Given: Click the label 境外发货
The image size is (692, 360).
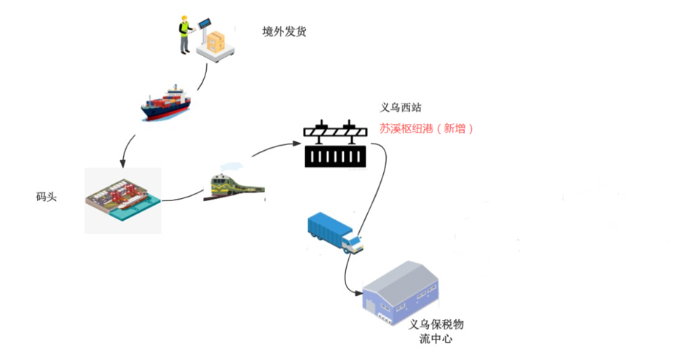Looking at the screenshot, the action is [284, 31].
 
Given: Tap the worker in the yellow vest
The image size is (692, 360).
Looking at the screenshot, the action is [185, 34].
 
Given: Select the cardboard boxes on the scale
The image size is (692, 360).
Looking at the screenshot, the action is [216, 42].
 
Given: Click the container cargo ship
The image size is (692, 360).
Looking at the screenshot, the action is [166, 103].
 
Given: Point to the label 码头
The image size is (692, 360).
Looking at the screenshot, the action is [47, 197].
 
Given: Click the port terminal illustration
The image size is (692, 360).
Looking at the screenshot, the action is [122, 200].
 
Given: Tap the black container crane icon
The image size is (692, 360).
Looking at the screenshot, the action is [335, 144].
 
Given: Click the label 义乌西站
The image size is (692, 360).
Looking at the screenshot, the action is [401, 107].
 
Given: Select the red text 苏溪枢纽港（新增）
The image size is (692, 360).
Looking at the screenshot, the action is [426, 128].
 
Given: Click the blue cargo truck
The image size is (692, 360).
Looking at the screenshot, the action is [335, 232].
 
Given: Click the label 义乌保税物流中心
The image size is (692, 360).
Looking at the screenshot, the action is [436, 332].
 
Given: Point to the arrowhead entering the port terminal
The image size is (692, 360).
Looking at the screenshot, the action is [122, 164].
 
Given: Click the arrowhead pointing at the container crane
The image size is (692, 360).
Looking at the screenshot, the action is [297, 143].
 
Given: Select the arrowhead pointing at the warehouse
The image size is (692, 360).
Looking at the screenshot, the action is [359, 292].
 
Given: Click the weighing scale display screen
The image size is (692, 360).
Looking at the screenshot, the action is [205, 23].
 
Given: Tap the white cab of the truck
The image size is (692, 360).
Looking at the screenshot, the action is [352, 243].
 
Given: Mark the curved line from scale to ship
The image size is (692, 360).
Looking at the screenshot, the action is [203, 78].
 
